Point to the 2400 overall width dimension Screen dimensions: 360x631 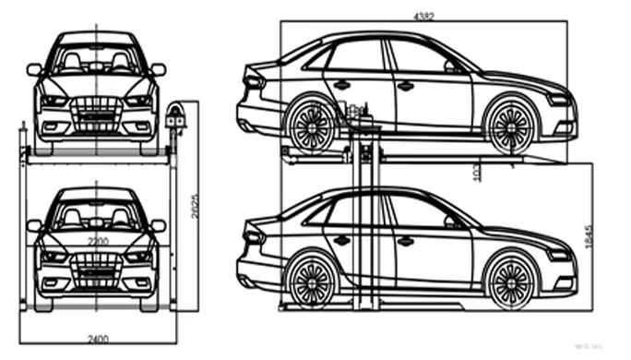coord(97,339)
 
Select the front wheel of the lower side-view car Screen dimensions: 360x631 coord(510,279)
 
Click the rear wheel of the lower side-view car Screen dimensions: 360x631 coord(311,278)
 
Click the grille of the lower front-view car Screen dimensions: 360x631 coord(97,263)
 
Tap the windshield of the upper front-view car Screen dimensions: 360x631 coord(97,61)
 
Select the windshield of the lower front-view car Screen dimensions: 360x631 coord(97,216)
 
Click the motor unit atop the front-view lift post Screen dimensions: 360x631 coord(175,116)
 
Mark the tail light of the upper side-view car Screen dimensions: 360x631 coord(253,81)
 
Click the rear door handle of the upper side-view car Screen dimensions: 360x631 coord(341,85)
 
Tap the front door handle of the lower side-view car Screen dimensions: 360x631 coord(404,241)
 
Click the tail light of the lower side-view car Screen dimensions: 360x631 coord(253,236)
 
